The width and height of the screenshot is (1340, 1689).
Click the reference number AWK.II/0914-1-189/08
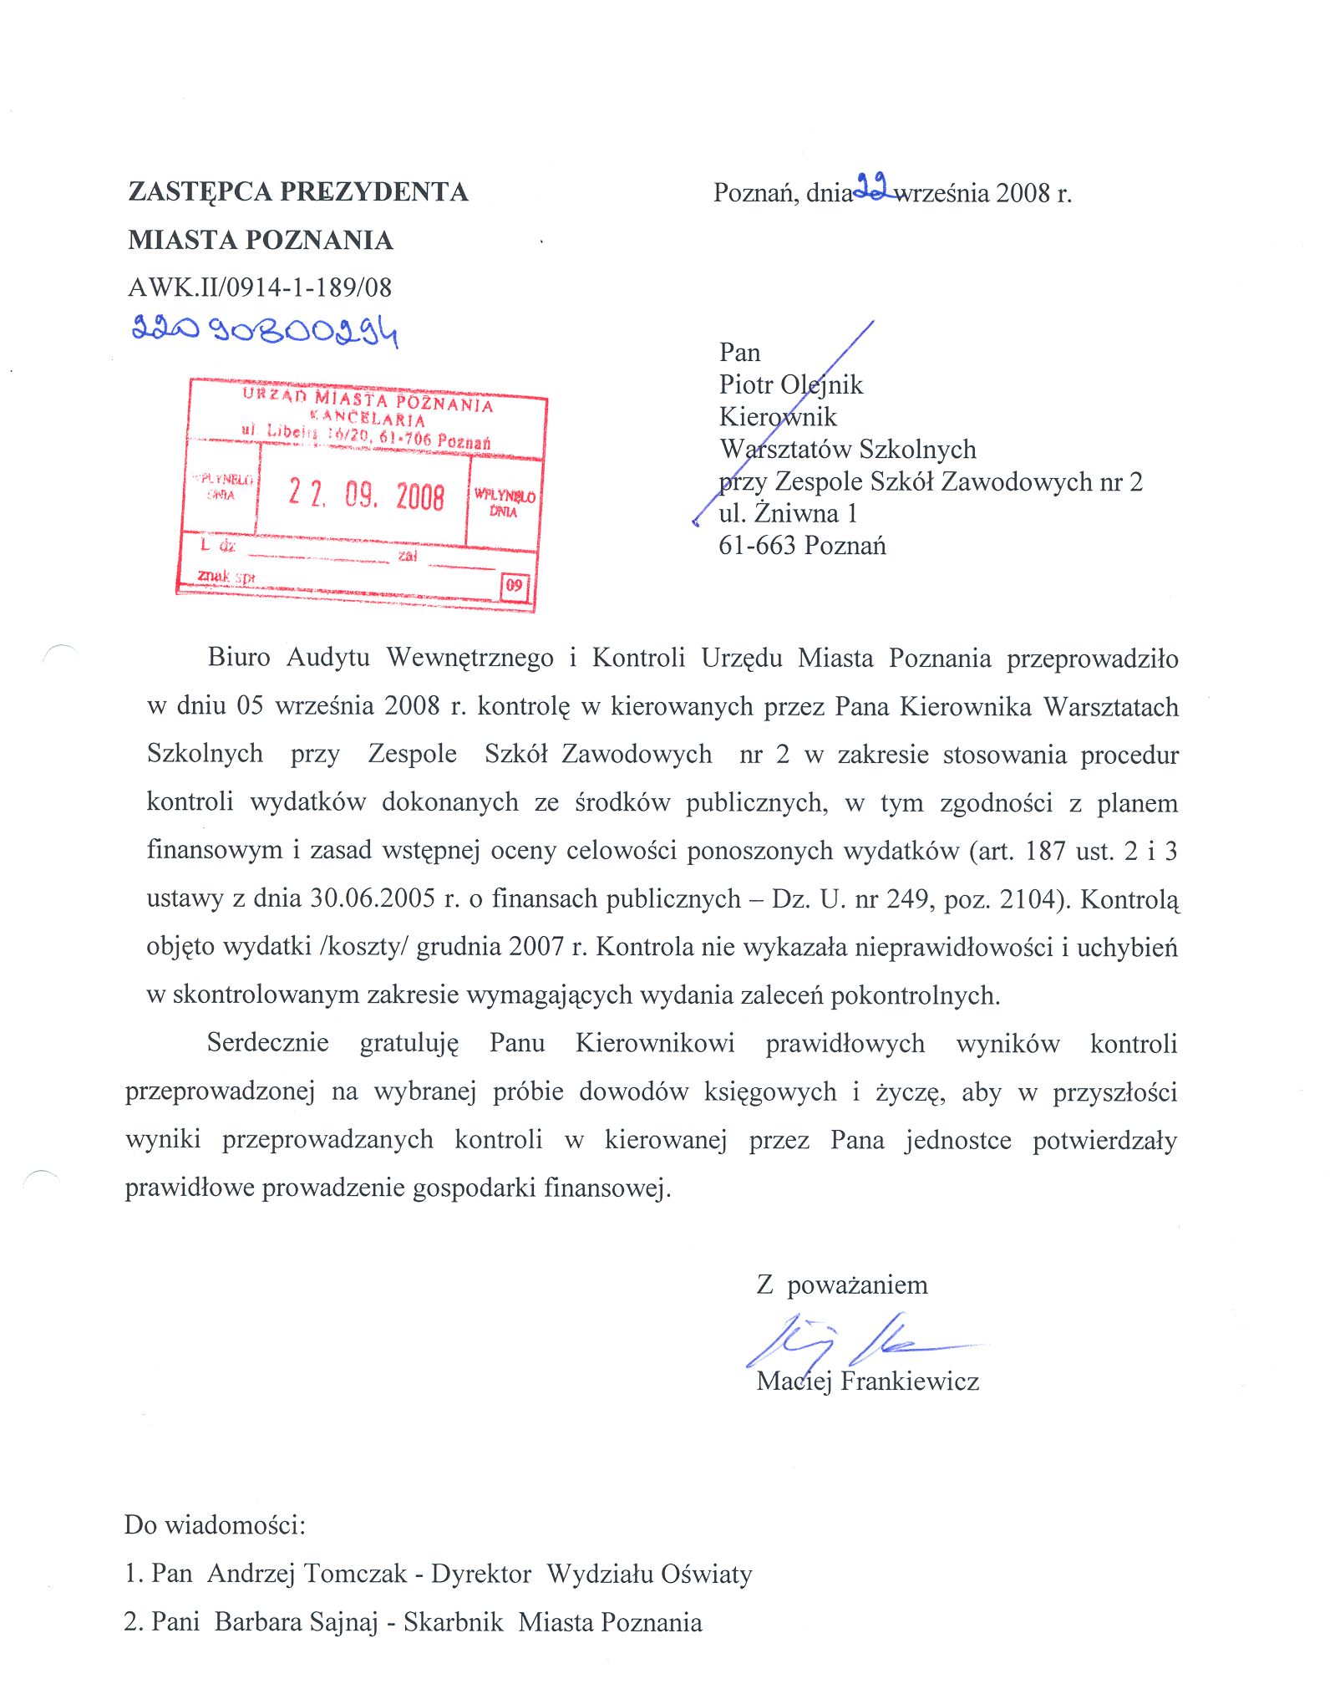[x=260, y=287]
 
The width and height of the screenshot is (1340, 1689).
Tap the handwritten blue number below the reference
[x=265, y=331]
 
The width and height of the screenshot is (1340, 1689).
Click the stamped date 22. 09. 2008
[x=366, y=495]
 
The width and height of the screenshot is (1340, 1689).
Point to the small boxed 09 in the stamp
[x=514, y=585]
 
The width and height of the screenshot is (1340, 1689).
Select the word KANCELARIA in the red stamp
[x=368, y=418]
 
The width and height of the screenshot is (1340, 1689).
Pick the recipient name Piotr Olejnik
[x=790, y=384]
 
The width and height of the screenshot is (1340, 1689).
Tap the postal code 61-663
[x=757, y=546]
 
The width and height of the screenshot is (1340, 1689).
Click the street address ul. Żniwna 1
[x=788, y=513]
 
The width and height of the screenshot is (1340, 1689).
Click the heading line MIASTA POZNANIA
[x=261, y=241]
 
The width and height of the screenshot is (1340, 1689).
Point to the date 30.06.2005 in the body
[x=373, y=898]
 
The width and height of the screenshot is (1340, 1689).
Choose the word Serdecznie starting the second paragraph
[x=268, y=1043]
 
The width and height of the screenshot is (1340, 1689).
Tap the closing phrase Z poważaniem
[x=842, y=1285]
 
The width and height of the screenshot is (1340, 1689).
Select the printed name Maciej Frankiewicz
[x=867, y=1381]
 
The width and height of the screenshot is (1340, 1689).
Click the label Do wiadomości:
[x=215, y=1524]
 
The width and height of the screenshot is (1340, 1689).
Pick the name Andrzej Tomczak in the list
[x=307, y=1574]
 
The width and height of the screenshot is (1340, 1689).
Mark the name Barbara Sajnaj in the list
[x=296, y=1622]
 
